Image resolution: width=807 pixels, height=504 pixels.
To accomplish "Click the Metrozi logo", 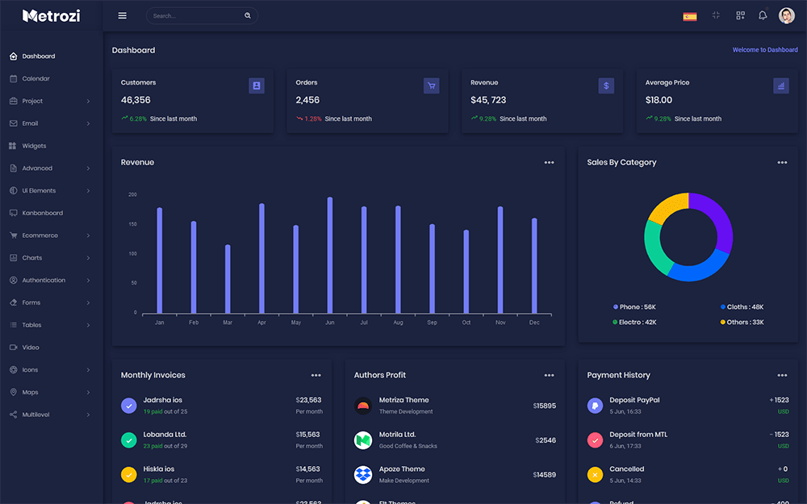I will tap(51, 15).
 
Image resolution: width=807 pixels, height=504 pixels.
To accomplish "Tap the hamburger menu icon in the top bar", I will tap(122, 15).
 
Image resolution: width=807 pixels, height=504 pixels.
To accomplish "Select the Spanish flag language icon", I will tap(689, 16).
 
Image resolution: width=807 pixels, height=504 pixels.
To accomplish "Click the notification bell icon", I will tap(763, 15).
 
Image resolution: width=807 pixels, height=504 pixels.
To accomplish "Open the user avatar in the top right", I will tap(786, 15).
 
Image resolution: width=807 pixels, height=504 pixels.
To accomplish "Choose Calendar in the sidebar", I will tap(36, 79).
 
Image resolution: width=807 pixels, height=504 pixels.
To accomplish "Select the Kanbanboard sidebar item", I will tap(42, 213).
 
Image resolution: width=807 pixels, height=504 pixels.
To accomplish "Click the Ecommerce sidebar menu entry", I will tap(40, 235).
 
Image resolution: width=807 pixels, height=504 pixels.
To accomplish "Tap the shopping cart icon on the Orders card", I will tap(431, 85).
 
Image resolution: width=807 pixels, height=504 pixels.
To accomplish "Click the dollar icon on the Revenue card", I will tap(606, 85).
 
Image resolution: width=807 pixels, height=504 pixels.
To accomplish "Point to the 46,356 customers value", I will tap(136, 100).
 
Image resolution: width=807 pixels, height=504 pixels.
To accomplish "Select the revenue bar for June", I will tap(330, 255).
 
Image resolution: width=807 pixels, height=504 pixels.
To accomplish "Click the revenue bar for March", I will tap(228, 279).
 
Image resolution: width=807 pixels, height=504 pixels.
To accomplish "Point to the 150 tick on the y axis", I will tap(132, 224).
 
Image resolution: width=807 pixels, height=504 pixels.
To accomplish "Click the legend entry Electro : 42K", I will tap(638, 322).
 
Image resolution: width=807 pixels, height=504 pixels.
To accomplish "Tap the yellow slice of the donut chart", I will tap(666, 208).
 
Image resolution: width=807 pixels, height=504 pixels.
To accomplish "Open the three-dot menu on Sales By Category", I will tap(782, 162).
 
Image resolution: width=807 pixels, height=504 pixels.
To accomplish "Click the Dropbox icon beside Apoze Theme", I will tap(363, 474).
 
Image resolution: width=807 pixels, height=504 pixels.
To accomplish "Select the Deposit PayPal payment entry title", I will tap(634, 400).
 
